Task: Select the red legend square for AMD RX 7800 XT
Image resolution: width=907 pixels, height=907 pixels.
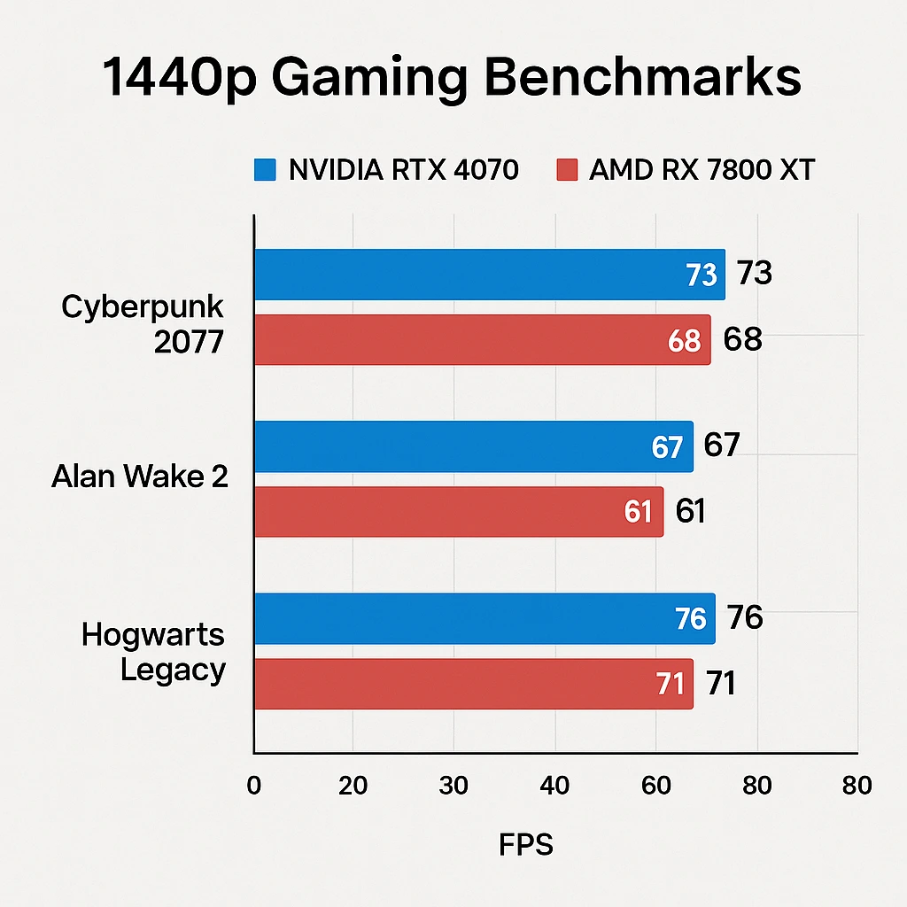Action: click(566, 170)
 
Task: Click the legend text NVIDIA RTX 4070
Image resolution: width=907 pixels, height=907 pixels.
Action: click(403, 170)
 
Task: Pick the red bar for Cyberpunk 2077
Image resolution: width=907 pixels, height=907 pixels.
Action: click(482, 339)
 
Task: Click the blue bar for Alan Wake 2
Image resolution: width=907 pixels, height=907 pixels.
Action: click(473, 446)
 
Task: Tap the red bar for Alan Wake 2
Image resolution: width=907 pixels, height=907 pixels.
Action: click(458, 511)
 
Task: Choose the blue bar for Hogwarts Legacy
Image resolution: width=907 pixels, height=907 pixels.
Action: click(484, 618)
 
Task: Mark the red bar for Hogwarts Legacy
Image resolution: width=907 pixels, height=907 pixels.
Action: click(473, 683)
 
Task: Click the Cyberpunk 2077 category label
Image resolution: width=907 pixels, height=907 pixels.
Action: click(143, 324)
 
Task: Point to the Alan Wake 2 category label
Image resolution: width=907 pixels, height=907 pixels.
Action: click(140, 477)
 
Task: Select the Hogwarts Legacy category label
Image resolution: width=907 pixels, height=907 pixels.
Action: click(153, 652)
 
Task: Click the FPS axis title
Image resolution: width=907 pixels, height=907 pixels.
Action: click(526, 844)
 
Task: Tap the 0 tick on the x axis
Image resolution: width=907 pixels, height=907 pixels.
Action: click(254, 786)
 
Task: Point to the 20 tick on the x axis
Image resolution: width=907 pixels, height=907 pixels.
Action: click(353, 786)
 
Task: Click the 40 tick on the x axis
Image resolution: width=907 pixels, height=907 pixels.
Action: click(554, 786)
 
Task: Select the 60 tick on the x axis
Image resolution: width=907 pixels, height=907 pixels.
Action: click(655, 786)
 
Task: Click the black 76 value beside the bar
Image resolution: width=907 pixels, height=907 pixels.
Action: click(744, 617)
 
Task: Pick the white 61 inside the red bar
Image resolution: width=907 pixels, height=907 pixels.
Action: click(638, 512)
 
